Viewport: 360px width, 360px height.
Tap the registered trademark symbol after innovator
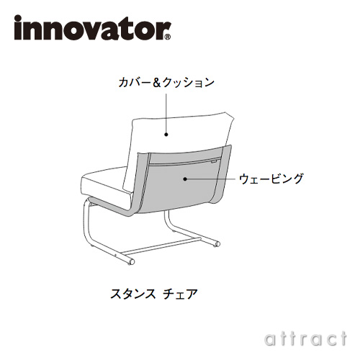168,37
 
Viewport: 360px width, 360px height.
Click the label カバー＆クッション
166,83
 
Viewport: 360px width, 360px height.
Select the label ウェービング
271,179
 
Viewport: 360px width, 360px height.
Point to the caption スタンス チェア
154,294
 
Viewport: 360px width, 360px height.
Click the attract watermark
305,339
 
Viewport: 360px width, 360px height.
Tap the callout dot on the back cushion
166,135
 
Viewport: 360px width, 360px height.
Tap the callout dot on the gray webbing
185,179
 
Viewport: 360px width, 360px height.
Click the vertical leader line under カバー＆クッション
166,113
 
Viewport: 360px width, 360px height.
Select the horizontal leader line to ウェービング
211,179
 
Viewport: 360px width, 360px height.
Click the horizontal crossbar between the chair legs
161,246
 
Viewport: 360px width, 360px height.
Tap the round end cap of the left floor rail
131,261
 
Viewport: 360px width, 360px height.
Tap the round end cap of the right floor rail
217,244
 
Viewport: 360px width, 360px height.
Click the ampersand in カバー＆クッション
157,83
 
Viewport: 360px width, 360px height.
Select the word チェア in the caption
180,294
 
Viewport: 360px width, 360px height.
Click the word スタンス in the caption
132,294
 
